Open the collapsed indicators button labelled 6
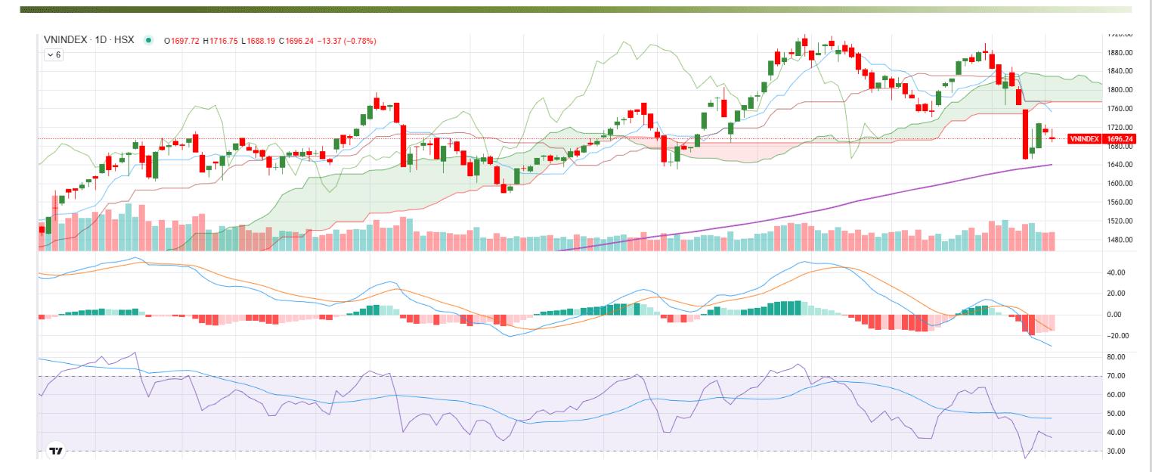click(x=53, y=55)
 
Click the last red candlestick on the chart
click(x=1052, y=138)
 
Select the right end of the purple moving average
click(x=1051, y=165)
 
